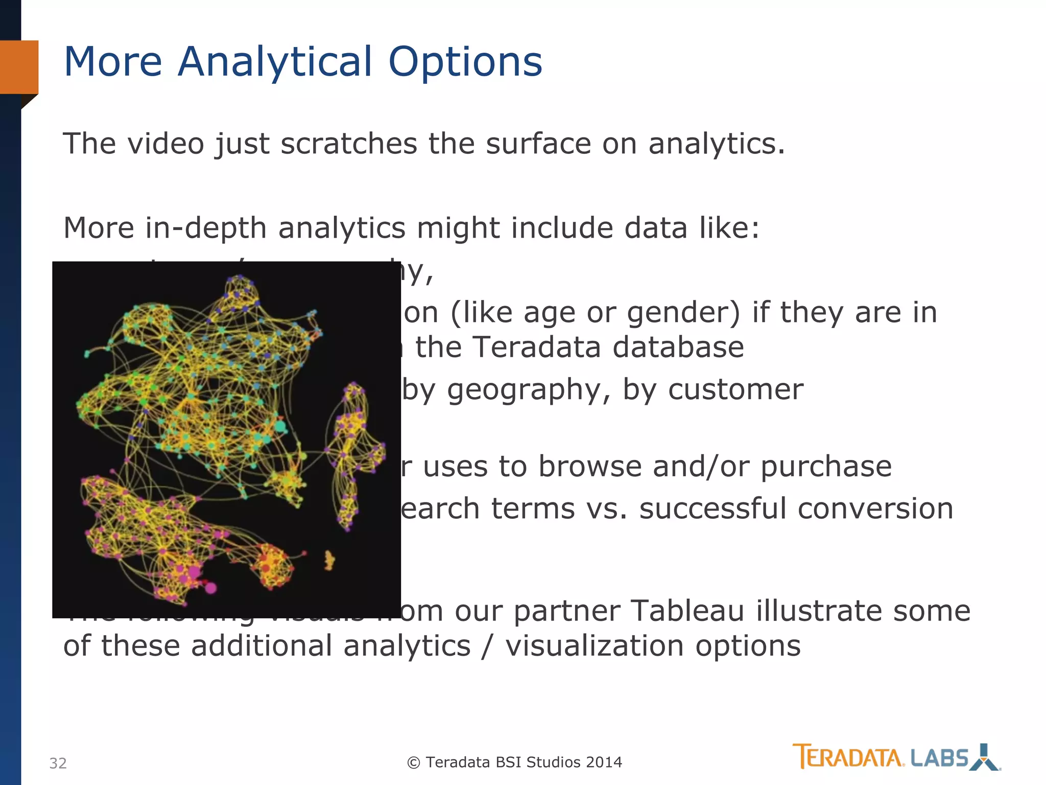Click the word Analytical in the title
pyautogui.click(x=276, y=62)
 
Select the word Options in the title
pyautogui.click(x=465, y=62)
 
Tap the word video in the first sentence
pyautogui.click(x=165, y=144)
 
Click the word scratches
pyautogui.click(x=348, y=144)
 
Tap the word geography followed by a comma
pyautogui.click(x=528, y=390)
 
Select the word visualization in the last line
pyautogui.click(x=594, y=646)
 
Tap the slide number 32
pyautogui.click(x=58, y=763)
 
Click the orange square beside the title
pyautogui.click(x=19, y=67)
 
